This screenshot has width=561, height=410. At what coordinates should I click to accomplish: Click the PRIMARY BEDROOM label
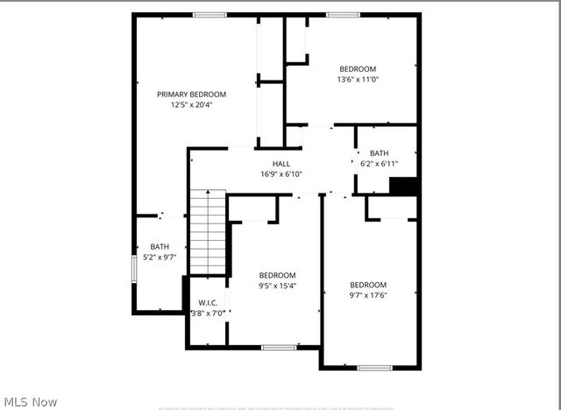191,95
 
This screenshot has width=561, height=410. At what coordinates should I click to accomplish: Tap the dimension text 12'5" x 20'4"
191,105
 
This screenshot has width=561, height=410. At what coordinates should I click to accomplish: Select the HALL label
281,164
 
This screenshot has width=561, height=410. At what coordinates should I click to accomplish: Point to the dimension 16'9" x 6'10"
281,174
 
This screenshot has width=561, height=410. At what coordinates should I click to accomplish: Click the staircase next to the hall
208,233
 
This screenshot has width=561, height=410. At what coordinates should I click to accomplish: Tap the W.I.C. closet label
208,302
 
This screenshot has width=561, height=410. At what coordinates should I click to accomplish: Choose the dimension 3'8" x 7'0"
208,313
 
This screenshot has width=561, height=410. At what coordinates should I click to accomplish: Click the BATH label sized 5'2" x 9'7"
160,247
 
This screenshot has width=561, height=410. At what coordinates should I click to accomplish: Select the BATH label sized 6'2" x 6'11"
379,153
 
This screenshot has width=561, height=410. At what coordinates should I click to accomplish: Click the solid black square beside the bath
402,187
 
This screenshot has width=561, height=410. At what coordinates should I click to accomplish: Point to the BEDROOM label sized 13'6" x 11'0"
358,69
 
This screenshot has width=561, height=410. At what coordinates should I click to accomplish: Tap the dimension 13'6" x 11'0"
358,80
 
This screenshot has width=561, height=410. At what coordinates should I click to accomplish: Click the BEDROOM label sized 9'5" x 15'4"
277,275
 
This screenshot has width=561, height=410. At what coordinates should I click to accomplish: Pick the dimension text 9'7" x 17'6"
368,295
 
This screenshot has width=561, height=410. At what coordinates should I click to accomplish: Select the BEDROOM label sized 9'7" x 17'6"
368,285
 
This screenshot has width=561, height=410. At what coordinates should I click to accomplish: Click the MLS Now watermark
30,401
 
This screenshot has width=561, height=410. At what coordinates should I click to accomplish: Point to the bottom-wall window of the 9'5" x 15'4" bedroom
279,348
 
